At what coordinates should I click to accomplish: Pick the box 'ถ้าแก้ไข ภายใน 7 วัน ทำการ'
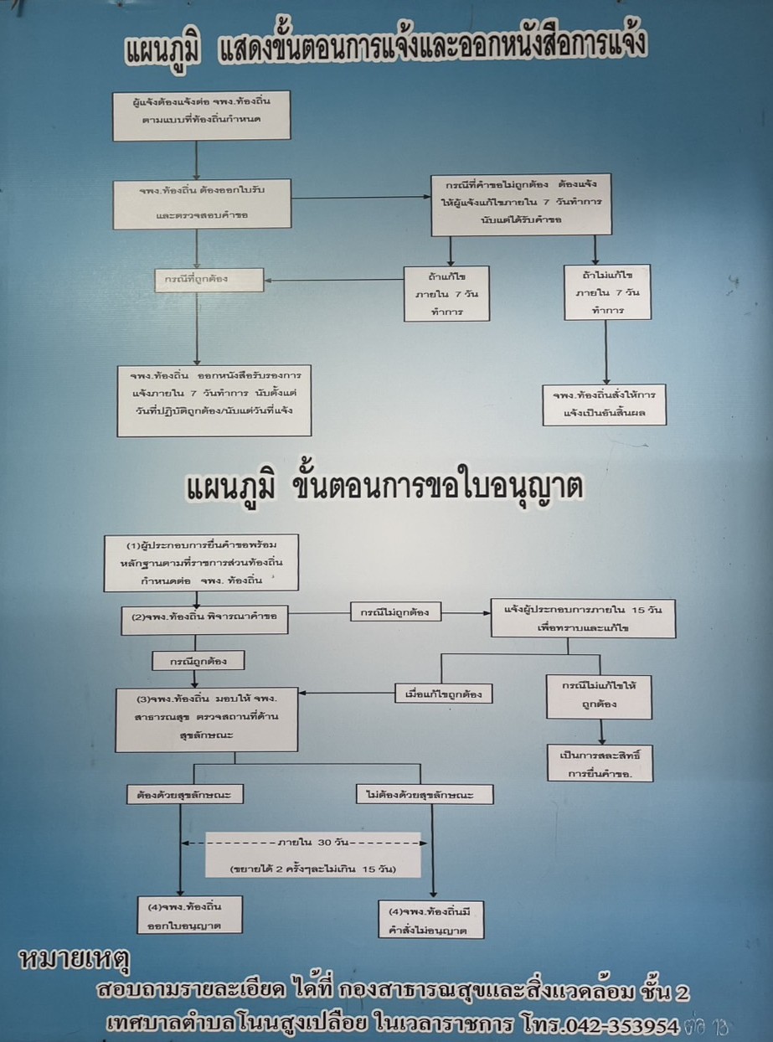(446, 293)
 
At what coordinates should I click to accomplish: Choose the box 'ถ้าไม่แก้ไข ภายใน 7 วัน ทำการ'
(607, 291)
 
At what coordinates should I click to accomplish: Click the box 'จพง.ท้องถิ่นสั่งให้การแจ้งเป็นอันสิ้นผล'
(604, 404)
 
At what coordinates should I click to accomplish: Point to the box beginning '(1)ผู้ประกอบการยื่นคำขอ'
(200, 561)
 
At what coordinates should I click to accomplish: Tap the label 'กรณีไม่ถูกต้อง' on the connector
(395, 612)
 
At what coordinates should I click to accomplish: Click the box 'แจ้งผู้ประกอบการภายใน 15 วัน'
(583, 618)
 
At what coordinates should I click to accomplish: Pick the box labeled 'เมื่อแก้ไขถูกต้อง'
(442, 693)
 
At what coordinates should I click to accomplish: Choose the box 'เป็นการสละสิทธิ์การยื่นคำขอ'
(600, 762)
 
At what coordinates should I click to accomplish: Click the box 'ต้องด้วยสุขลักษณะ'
(183, 793)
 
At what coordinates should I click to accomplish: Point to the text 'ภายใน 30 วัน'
(314, 842)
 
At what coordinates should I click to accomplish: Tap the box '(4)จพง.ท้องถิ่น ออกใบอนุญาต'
(191, 915)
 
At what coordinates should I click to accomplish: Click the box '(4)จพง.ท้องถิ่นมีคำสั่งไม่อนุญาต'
(431, 919)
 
